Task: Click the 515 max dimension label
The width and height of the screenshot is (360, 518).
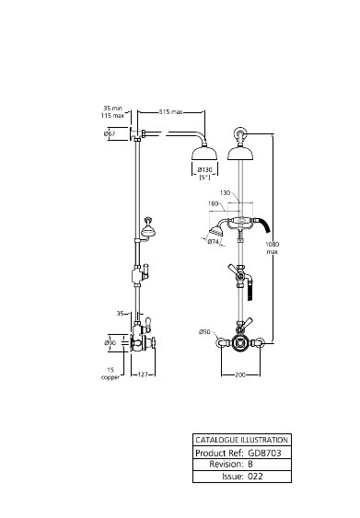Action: tap(170, 112)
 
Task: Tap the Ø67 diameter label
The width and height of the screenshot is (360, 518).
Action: tap(110, 133)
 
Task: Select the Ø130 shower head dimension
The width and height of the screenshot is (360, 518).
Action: tap(204, 170)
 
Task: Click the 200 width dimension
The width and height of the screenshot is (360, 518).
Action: tap(240, 375)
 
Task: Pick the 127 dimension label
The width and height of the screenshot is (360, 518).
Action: tap(143, 374)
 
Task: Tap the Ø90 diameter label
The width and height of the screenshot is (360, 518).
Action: tap(110, 343)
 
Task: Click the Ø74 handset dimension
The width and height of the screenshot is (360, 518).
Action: tap(214, 242)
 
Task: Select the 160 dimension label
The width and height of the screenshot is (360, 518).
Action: tap(214, 203)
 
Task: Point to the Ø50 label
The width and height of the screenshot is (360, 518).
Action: tap(204, 331)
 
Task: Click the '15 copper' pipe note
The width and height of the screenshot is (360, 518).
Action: tap(110, 374)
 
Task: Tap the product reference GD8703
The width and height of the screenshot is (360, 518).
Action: tap(264, 453)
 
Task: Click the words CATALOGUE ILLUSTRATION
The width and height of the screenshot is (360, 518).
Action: tap(241, 440)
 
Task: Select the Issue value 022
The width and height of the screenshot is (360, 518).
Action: tap(255, 476)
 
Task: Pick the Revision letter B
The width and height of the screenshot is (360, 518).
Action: tap(250, 464)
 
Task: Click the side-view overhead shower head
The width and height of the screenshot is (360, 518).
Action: tap(204, 154)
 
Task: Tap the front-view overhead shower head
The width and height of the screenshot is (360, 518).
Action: tap(240, 154)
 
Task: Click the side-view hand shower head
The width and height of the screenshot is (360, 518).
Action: tap(148, 231)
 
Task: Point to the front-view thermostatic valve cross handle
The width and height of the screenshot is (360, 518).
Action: tap(240, 342)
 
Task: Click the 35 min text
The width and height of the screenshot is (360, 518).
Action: tap(112, 108)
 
